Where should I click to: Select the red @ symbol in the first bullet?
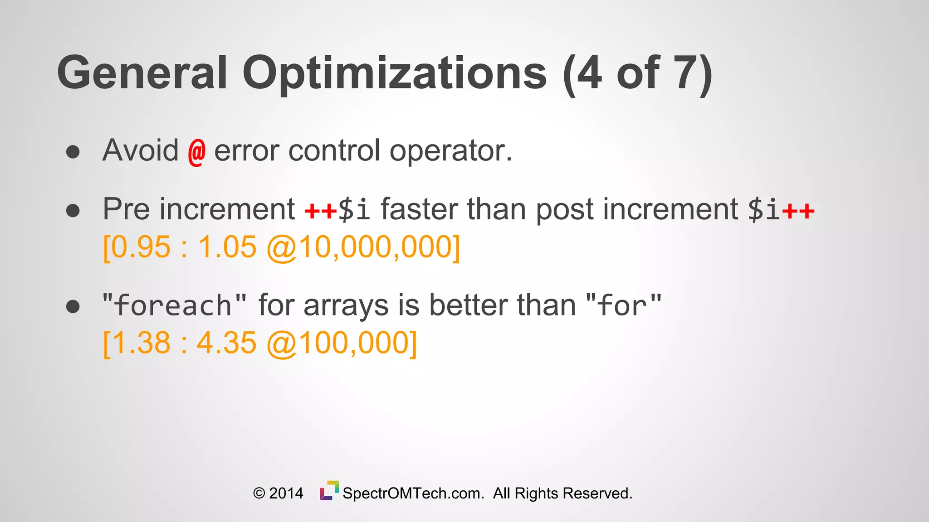(196, 152)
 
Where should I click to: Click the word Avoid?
(141, 150)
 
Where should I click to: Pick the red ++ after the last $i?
(798, 211)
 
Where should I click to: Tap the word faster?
(420, 209)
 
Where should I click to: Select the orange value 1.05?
(227, 247)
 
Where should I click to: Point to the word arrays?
(346, 305)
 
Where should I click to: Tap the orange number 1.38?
(141, 343)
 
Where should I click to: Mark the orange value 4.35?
(226, 343)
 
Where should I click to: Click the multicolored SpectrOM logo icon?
(329, 491)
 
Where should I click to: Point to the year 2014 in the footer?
(286, 493)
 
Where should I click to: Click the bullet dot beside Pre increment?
(73, 211)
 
